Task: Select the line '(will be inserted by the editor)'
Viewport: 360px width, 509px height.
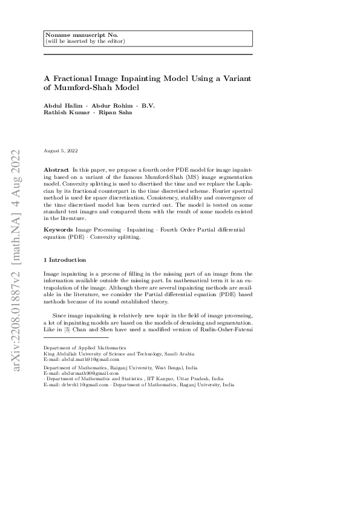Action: click(x=85, y=41)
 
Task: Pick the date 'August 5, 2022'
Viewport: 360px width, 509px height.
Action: click(x=61, y=150)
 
